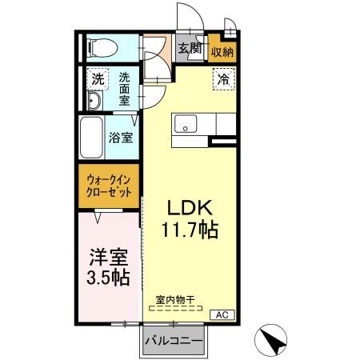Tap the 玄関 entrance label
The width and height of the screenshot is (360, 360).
click(189, 50)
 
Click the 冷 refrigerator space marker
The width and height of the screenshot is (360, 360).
click(221, 79)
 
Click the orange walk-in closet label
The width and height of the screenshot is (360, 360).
click(108, 186)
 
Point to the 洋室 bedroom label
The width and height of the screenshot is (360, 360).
click(109, 258)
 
